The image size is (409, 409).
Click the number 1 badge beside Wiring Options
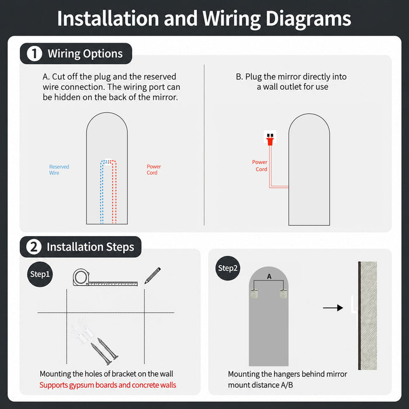[34, 54]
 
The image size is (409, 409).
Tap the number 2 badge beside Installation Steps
[34, 247]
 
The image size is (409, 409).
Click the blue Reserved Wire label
[59, 170]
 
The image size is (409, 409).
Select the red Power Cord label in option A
[154, 169]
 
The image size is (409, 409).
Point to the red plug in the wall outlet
[270, 140]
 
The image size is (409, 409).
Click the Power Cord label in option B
[260, 165]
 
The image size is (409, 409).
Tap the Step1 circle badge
[40, 274]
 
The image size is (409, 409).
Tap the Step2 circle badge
[228, 268]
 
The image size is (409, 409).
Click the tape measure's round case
[81, 278]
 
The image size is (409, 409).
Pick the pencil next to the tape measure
[152, 275]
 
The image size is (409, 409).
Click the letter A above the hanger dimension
[269, 276]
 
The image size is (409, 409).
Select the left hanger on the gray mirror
[254, 294]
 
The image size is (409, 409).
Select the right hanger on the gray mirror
[283, 294]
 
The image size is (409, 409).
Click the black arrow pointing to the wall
[333, 308]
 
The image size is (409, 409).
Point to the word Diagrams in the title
[309, 19]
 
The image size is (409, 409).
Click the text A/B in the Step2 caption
[287, 385]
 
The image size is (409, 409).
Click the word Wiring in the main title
[231, 19]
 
